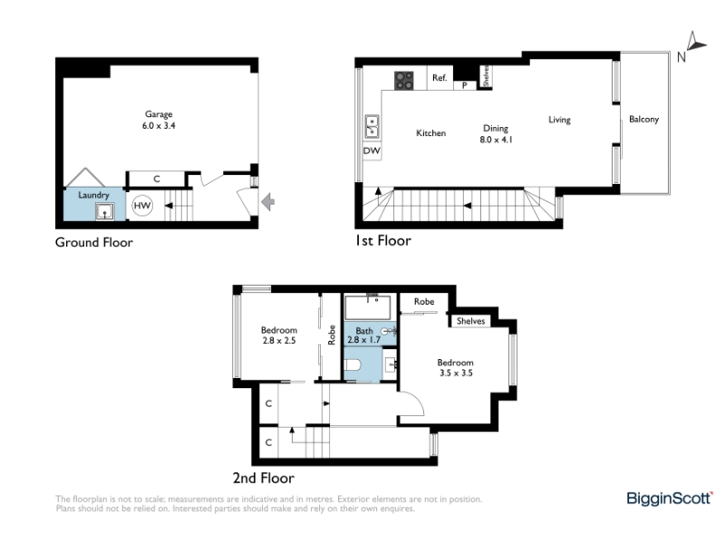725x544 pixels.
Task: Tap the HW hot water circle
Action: [142, 206]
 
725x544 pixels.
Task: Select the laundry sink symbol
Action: [104, 212]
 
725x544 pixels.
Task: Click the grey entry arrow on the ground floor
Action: [268, 201]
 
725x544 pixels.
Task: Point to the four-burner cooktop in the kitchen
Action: [403, 81]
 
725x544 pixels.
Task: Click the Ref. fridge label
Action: [440, 78]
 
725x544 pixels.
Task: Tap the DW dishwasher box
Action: [372, 151]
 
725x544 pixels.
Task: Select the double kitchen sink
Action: [372, 127]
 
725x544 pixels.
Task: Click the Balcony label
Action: [643, 120]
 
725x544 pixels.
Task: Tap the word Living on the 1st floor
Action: [559, 120]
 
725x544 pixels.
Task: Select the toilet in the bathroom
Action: [353, 365]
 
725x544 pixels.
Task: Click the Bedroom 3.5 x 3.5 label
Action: [456, 368]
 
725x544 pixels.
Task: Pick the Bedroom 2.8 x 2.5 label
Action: [279, 335]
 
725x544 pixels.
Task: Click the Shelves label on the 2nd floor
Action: [470, 321]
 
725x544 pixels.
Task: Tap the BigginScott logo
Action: [669, 498]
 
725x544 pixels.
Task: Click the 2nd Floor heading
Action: [264, 478]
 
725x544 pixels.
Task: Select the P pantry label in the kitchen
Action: [465, 85]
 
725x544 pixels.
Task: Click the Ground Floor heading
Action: [94, 242]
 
